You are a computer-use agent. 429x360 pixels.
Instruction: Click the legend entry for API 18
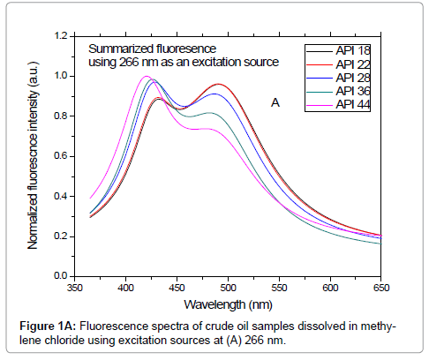tap(350, 50)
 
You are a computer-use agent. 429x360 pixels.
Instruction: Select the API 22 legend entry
tap(350, 64)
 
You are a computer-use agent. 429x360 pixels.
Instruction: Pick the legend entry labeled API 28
tap(350, 77)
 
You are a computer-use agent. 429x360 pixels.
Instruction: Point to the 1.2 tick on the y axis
tap(60, 36)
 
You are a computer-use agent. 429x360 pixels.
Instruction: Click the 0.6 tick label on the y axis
tap(60, 156)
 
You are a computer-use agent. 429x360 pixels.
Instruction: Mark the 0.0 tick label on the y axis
tap(60, 276)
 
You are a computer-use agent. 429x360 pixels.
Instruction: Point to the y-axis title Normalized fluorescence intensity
tap(34, 155)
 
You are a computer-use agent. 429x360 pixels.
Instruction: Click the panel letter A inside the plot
tap(275, 103)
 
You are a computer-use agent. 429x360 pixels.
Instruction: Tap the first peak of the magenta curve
tap(146, 77)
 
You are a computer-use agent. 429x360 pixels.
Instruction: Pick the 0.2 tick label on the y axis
tap(60, 236)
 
